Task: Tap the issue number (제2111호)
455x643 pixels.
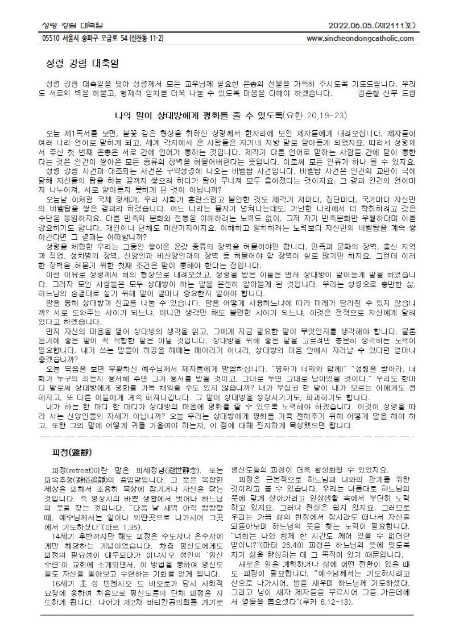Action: [x=394, y=26]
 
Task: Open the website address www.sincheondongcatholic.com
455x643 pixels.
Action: [x=359, y=38]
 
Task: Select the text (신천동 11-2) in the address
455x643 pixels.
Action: [x=145, y=38]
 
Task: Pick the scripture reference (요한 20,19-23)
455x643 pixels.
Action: [x=315, y=115]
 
